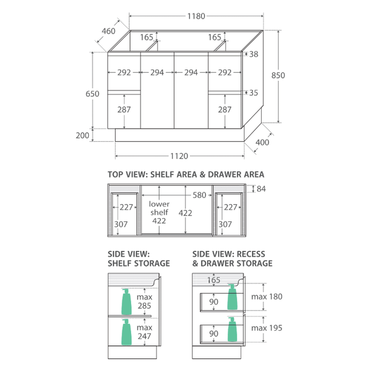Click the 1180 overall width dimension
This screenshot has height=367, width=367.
[196, 16]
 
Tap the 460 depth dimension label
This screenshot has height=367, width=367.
[109, 31]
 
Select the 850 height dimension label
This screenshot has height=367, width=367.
[278, 75]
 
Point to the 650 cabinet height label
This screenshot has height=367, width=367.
[92, 94]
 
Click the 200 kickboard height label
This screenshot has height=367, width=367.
[83, 135]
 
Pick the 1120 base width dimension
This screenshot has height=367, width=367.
[179, 156]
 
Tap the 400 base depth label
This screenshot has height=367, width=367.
[262, 142]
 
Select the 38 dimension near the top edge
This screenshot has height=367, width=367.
[253, 54]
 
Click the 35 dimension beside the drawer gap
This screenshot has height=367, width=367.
[253, 93]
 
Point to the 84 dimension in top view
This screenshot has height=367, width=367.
[261, 189]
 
